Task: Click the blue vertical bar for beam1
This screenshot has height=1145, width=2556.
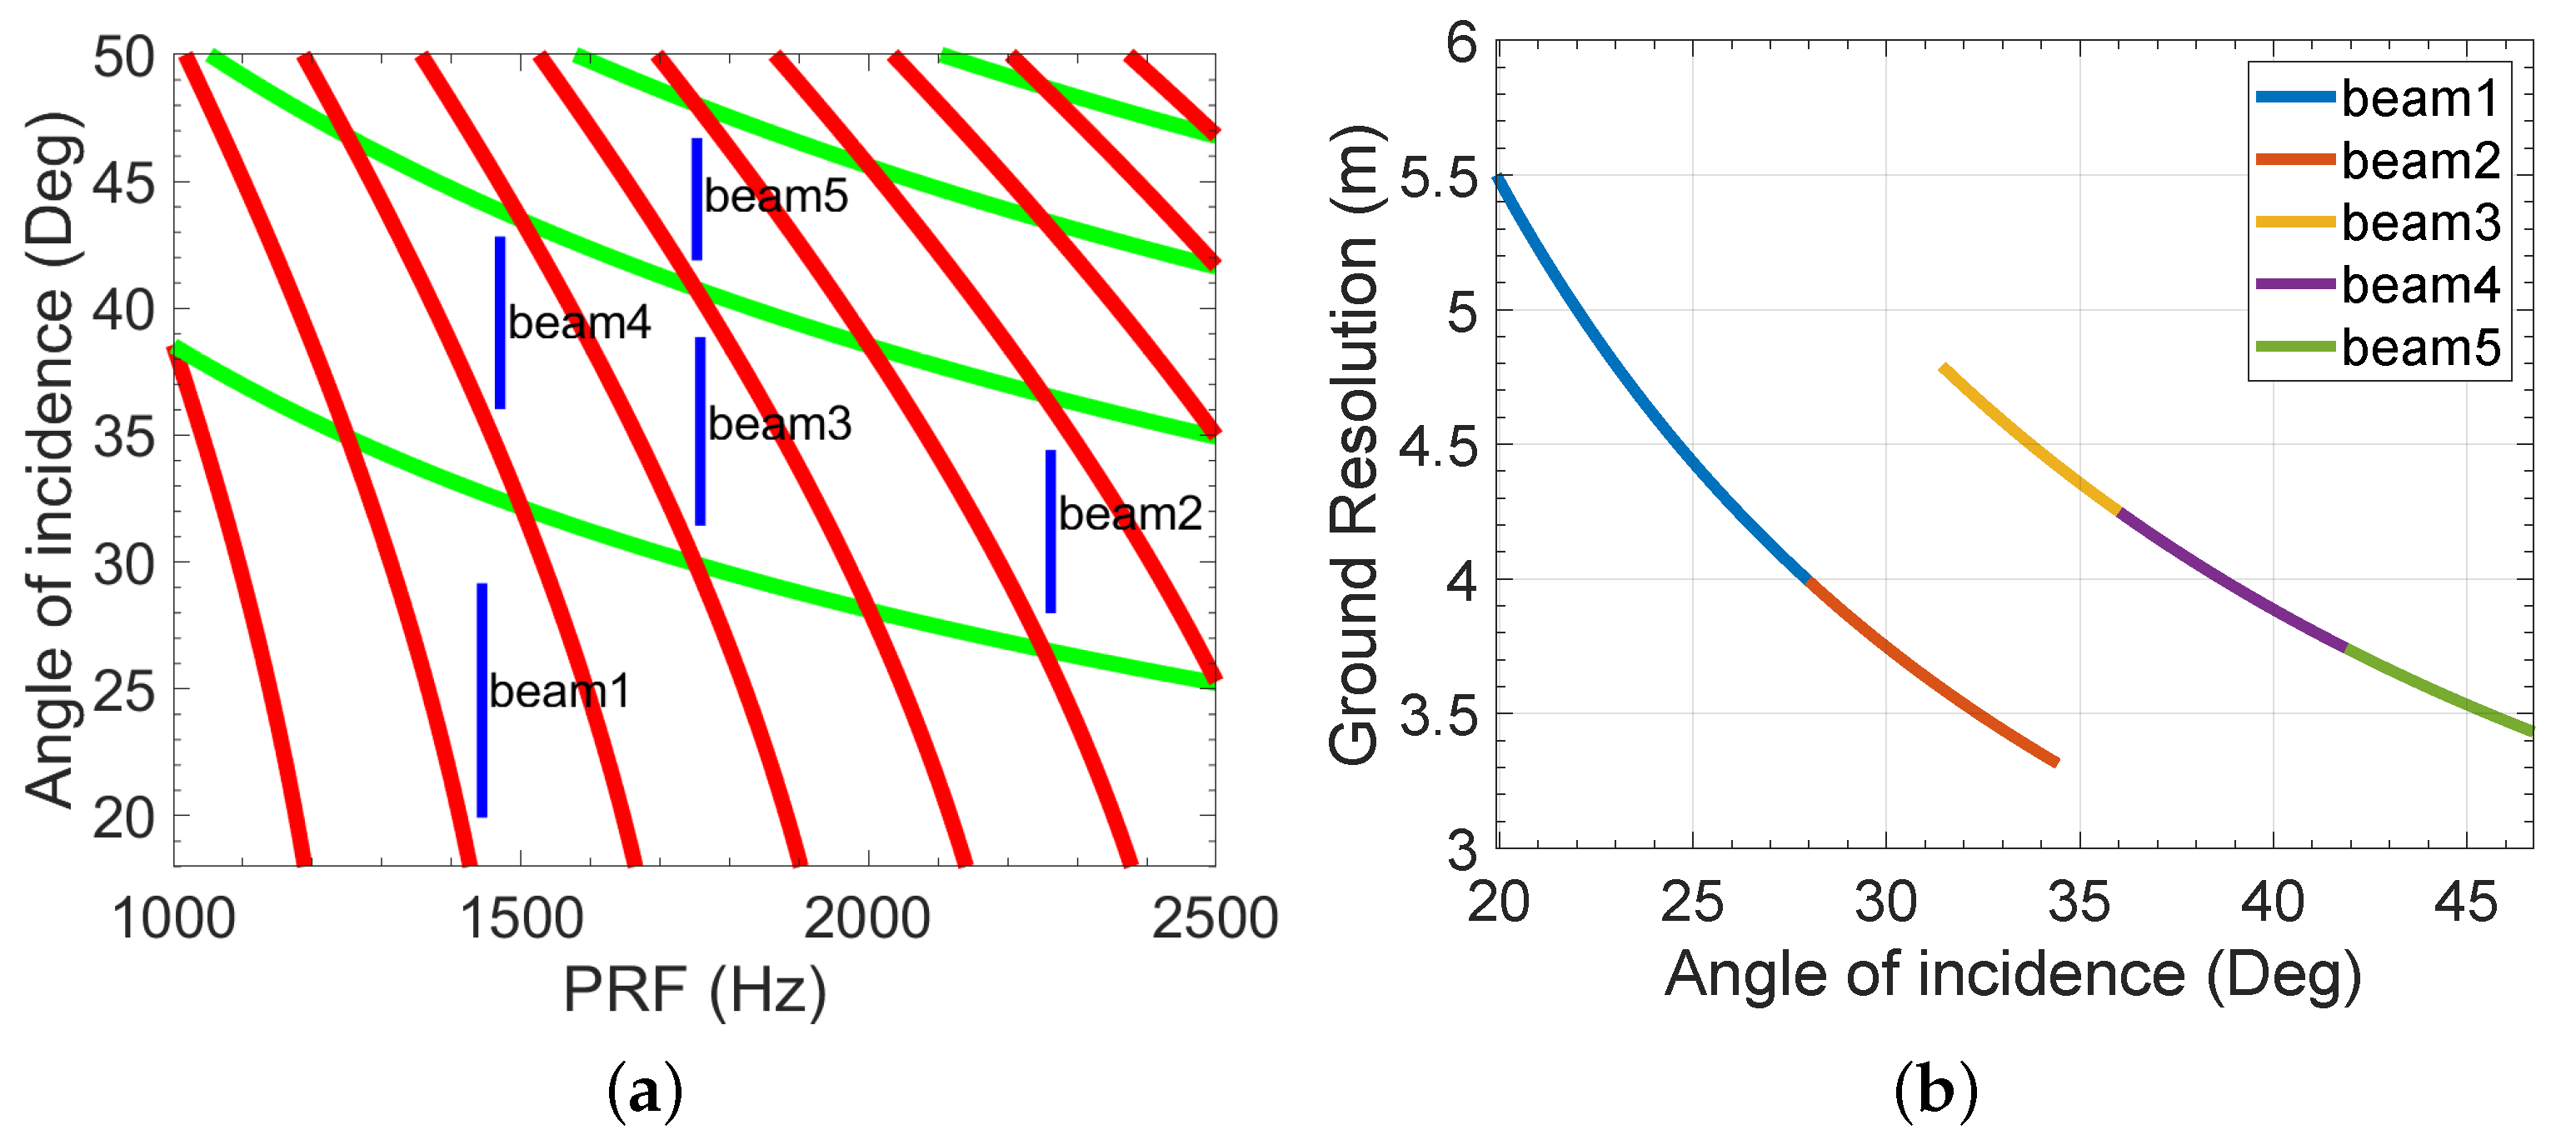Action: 482,699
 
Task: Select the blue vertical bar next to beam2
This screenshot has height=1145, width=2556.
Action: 1051,531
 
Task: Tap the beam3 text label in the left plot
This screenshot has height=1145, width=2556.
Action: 779,425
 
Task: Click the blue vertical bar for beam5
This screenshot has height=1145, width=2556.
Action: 696,198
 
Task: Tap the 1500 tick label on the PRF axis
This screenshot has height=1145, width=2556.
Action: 522,917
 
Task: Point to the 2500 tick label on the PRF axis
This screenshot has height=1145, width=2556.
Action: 1215,917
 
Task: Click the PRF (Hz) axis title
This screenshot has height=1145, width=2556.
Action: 695,989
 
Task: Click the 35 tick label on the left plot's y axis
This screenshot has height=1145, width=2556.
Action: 124,437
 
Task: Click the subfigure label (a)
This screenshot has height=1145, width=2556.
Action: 645,1091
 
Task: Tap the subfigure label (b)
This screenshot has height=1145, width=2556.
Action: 1934,1091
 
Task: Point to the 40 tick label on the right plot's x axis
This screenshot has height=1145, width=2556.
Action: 2272,902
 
